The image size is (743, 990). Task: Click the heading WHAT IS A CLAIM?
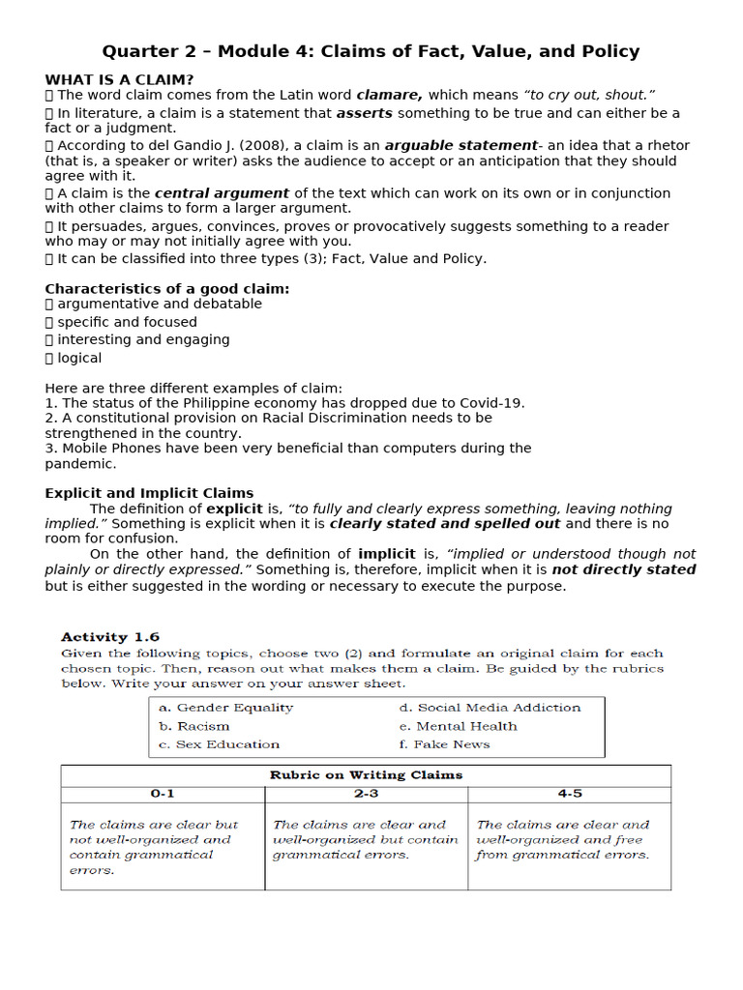119,79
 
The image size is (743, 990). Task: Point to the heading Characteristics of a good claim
167,288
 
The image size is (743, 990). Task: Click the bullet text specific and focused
127,322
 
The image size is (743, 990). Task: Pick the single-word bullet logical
79,358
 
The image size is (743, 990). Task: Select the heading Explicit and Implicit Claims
149,493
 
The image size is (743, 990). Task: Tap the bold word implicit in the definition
387,554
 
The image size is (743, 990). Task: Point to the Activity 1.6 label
110,637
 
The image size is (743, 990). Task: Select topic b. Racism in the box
194,726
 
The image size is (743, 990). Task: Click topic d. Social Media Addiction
490,708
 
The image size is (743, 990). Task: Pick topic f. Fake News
444,744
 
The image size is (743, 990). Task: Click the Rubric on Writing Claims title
366,775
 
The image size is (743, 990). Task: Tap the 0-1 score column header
163,794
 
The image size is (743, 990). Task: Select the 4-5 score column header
570,794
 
